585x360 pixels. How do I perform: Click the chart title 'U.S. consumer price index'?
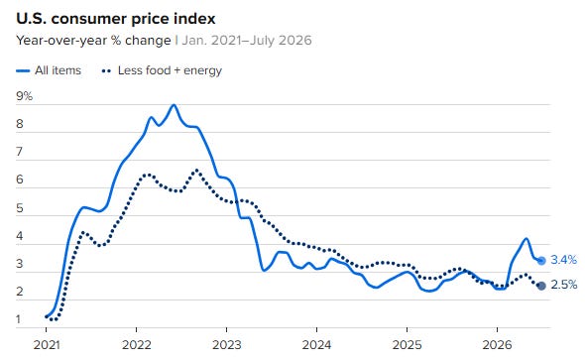116,19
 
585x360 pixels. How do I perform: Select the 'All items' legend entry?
49,70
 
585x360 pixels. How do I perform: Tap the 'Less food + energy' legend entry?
162,70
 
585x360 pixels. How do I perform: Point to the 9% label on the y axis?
24,96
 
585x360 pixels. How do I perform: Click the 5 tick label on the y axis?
20,208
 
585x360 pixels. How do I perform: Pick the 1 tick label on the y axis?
19,319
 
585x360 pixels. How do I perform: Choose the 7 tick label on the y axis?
20,152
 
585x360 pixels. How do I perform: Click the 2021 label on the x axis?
47,345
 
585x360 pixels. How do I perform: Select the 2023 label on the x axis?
227,345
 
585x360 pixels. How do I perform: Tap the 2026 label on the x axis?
497,345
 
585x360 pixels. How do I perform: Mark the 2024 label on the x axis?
316,345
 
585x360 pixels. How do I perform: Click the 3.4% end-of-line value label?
564,260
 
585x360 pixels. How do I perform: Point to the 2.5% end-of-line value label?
564,285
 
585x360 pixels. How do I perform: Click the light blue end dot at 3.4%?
541,261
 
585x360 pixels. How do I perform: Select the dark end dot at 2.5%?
541,286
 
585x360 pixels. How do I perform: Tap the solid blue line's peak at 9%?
174,105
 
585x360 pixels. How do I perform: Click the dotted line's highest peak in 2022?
197,171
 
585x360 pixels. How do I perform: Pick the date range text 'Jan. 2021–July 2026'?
247,41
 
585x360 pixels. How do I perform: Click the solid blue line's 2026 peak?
526,238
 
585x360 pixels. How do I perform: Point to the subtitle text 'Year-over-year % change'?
93,41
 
